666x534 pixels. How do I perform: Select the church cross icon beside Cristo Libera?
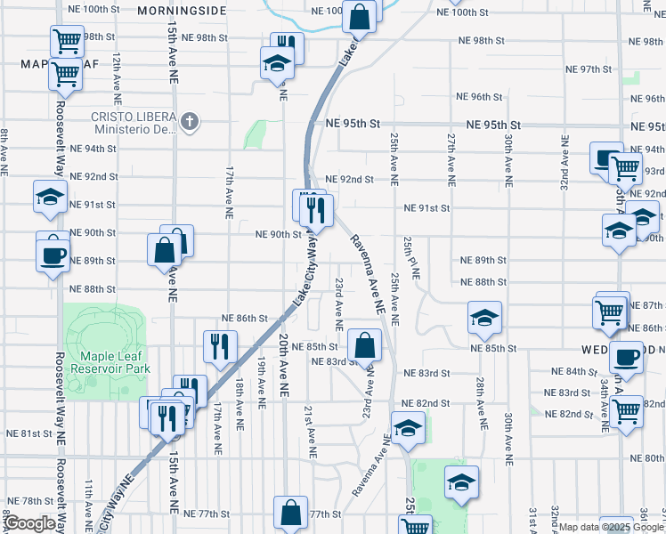tap(189, 120)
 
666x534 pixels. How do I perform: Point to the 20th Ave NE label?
tap(284, 366)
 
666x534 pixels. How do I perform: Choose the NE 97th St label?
tap(483, 69)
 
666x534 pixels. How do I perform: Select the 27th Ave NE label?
tap(451, 158)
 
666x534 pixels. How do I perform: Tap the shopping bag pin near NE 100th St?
tap(358, 15)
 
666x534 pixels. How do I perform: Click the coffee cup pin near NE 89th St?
tap(53, 255)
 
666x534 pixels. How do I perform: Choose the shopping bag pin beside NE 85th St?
tap(365, 344)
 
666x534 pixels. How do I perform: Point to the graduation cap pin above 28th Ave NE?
tap(483, 317)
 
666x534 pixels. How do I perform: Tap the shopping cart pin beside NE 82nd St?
tap(627, 411)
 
